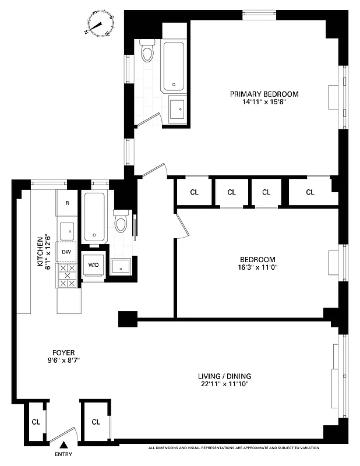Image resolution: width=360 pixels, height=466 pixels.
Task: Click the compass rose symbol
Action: (x=100, y=24)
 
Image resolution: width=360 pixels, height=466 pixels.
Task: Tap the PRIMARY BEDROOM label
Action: (x=264, y=94)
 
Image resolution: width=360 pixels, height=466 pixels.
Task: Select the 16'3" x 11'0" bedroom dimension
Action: (x=257, y=268)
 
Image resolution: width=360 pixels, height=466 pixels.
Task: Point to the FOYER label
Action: (x=63, y=352)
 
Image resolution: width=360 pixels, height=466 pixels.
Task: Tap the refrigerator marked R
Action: (x=68, y=203)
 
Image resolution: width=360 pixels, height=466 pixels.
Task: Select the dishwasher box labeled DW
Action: (x=67, y=252)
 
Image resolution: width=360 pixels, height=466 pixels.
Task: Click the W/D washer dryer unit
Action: (x=93, y=265)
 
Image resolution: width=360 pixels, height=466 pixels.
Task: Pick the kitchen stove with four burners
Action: (x=67, y=276)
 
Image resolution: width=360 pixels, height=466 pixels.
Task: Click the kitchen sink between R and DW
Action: (x=68, y=230)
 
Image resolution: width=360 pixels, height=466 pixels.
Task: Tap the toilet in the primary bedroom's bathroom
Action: (x=147, y=51)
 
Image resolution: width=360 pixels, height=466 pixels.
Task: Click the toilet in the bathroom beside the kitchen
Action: (x=122, y=221)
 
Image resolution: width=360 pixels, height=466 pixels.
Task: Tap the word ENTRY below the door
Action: (x=64, y=454)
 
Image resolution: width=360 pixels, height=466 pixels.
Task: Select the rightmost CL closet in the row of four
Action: (x=310, y=192)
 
